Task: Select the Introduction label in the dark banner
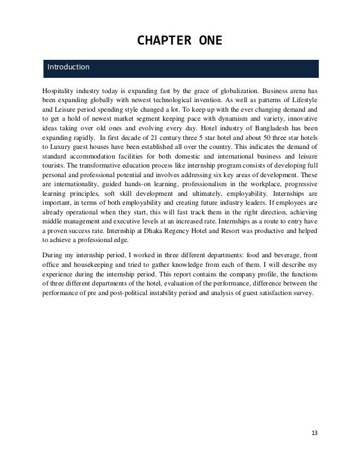click(68, 68)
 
